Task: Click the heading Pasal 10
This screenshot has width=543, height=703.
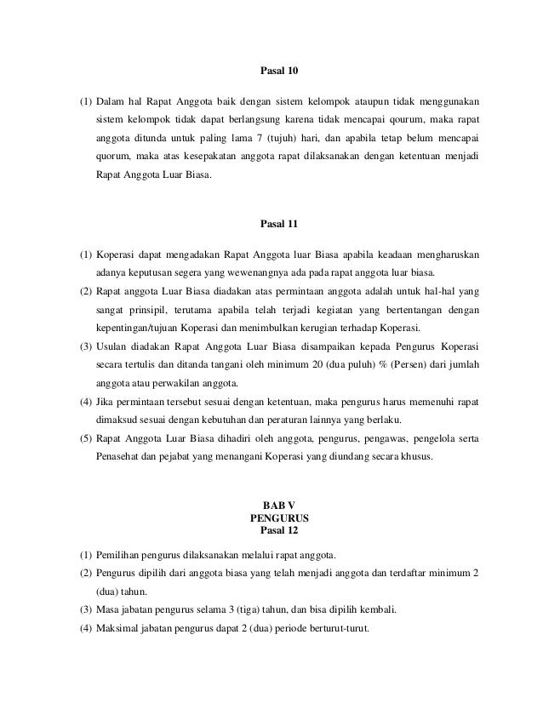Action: [271, 71]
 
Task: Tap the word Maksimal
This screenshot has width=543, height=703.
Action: [119, 630]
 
